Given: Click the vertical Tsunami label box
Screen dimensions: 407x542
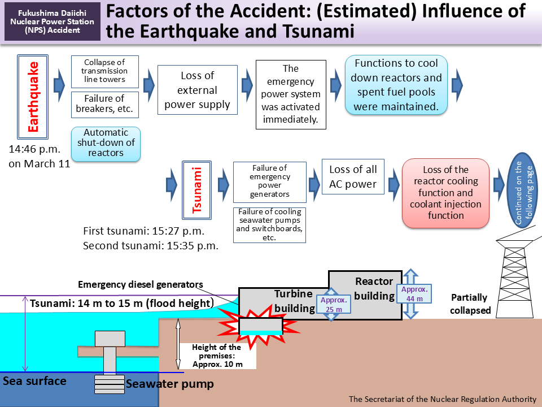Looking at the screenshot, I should click(x=197, y=190).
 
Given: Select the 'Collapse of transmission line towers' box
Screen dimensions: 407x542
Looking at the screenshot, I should click(x=104, y=71).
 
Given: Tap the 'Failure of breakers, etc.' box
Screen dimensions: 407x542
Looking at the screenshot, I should click(x=104, y=103).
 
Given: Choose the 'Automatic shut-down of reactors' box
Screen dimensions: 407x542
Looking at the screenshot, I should click(x=106, y=144).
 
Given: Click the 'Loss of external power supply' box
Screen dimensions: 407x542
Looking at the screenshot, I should click(x=198, y=90).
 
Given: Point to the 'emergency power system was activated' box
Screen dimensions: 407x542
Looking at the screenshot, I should click(x=291, y=94).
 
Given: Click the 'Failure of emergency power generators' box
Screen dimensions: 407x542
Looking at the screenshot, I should click(x=269, y=181).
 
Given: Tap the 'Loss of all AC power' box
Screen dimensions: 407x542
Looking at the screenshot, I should click(x=353, y=177).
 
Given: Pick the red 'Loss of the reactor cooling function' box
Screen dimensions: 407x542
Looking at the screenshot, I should click(x=445, y=193).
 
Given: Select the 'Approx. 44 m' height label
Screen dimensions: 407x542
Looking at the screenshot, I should click(x=414, y=293).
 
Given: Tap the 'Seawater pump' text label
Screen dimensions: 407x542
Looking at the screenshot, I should click(x=169, y=384).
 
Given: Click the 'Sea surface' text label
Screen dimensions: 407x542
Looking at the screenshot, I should click(x=34, y=380).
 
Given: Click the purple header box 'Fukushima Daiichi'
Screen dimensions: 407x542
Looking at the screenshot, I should click(x=53, y=21).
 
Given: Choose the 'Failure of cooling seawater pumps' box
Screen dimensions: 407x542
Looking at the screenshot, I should click(x=269, y=224).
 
